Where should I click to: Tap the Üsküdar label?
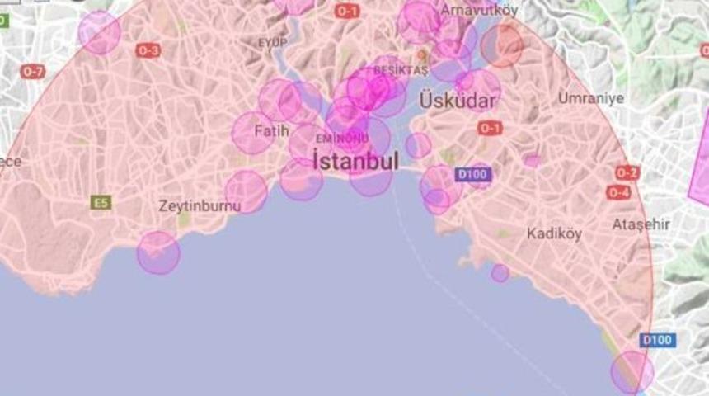click(x=458, y=101)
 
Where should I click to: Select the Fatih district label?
click(x=271, y=130)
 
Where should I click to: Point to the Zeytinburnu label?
click(x=200, y=206)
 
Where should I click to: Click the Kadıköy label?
click(x=554, y=233)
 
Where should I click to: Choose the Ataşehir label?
click(x=641, y=224)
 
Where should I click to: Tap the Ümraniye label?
click(x=591, y=98)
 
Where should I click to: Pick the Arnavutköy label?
click(x=480, y=11)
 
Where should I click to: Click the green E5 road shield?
click(x=101, y=201)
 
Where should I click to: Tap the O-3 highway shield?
click(x=148, y=51)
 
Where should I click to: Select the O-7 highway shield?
click(x=33, y=72)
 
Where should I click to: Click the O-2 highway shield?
click(x=627, y=172)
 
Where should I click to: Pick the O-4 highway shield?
click(x=619, y=192)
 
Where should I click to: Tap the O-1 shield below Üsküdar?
click(x=490, y=128)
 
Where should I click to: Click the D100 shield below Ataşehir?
click(x=657, y=340)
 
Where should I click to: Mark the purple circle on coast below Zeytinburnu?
click(x=157, y=252)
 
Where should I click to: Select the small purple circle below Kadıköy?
click(x=500, y=272)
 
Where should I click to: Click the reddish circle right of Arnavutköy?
click(x=502, y=45)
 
